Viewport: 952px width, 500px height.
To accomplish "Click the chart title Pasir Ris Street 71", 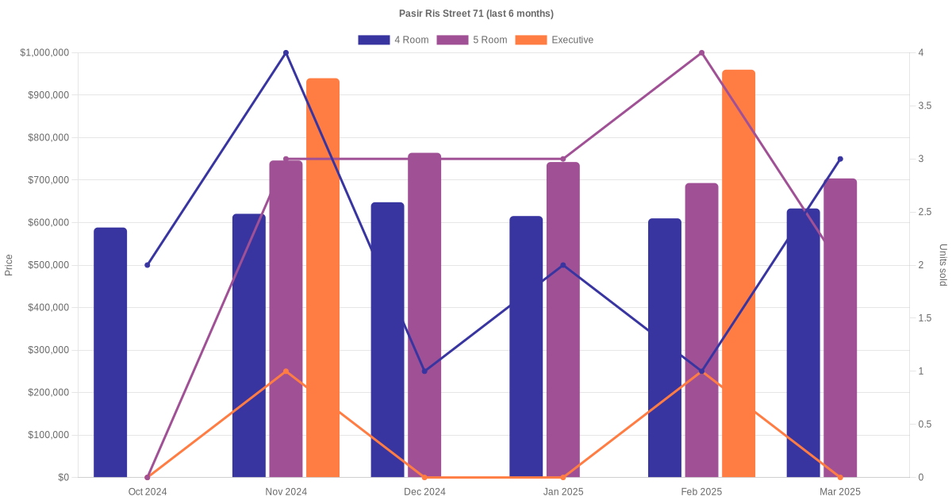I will pyautogui.click(x=476, y=13).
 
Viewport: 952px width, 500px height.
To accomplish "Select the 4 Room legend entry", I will pyautogui.click(x=393, y=40).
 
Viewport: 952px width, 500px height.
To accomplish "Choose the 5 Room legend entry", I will pyautogui.click(x=472, y=40).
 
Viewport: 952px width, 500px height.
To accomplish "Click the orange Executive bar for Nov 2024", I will pyautogui.click(x=323, y=278).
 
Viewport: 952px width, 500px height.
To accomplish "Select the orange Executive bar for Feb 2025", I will pyautogui.click(x=739, y=274).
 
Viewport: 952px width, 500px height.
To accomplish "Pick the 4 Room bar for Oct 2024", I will pyautogui.click(x=110, y=352).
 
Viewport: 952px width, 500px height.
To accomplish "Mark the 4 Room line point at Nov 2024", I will pyautogui.click(x=286, y=53).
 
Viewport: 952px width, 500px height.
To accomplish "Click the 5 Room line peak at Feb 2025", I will pyautogui.click(x=701, y=53).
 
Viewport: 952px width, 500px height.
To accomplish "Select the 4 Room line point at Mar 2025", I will pyautogui.click(x=840, y=159).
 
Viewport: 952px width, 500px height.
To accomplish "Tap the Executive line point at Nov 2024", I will pyautogui.click(x=286, y=371).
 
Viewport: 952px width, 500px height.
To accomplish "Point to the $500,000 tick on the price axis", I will pyautogui.click(x=48, y=265).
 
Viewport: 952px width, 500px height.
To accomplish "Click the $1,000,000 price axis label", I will pyautogui.click(x=44, y=53).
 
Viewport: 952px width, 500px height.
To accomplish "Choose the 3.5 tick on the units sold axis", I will pyautogui.click(x=926, y=106).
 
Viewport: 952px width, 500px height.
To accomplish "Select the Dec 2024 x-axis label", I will pyautogui.click(x=424, y=492).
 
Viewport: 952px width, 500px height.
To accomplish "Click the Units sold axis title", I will pyautogui.click(x=942, y=265).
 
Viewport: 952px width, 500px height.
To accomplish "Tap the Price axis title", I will pyautogui.click(x=9, y=265).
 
